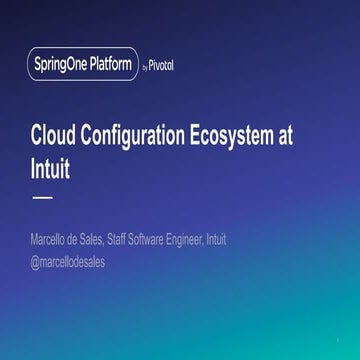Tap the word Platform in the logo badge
pos(107,66)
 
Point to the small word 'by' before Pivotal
pos(146,68)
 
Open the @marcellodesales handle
pos(69,262)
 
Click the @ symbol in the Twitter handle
pos(36,262)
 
